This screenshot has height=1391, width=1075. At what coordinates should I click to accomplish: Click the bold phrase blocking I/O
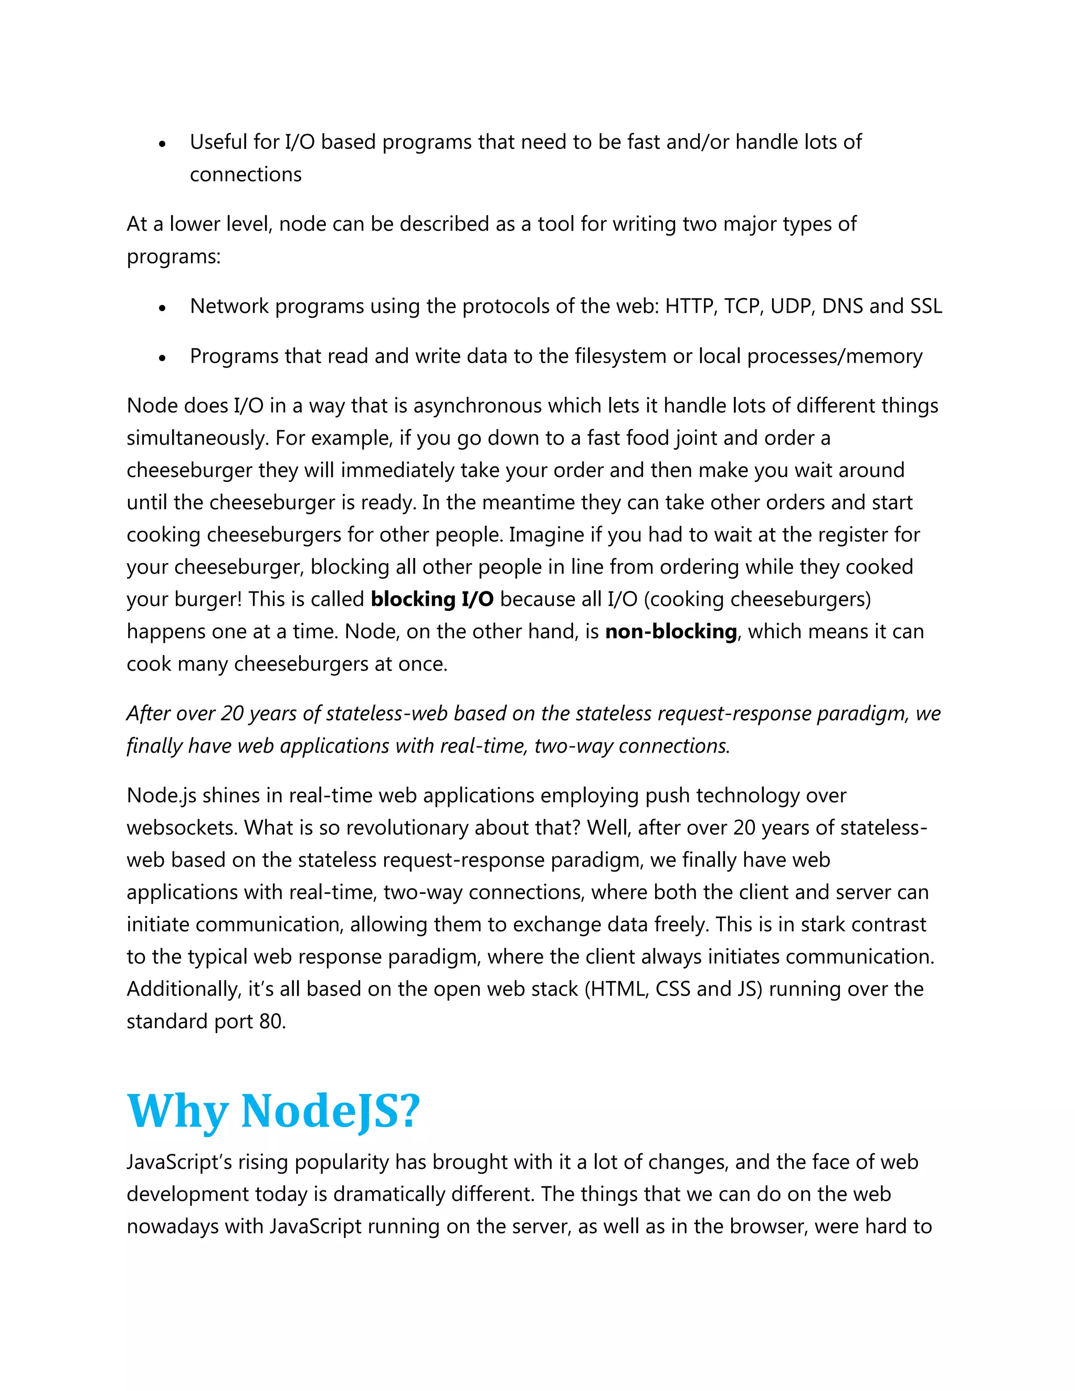(x=432, y=599)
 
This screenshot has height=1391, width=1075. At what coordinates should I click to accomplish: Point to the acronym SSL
(x=926, y=307)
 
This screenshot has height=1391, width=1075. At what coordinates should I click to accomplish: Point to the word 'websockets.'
(x=182, y=828)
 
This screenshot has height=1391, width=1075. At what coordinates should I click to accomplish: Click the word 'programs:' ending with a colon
(x=173, y=257)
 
